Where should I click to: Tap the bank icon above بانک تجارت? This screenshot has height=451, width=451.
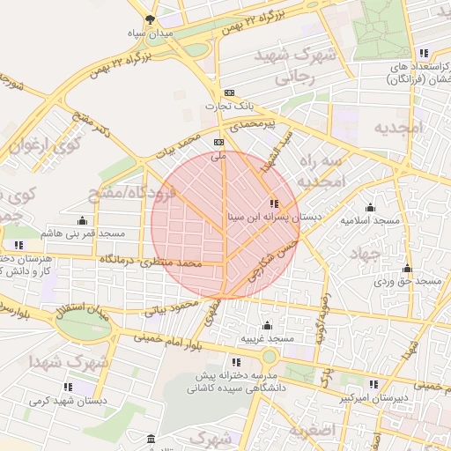pos(230,92)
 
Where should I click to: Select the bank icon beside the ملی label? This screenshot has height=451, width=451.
pos(218,141)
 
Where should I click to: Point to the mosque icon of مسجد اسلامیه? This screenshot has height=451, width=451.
pos(369,208)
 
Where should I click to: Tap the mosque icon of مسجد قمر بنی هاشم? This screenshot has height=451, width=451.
pos(83,220)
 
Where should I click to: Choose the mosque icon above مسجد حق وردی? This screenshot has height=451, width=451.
pos(407,269)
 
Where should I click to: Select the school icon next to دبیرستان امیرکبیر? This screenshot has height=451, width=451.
pos(374,384)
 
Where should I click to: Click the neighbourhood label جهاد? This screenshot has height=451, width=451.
pos(363,255)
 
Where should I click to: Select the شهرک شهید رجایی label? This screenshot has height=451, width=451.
pos(293,66)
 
